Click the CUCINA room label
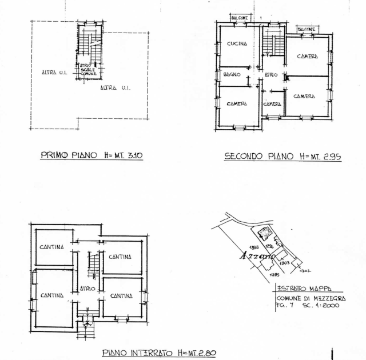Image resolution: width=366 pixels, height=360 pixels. [237, 44]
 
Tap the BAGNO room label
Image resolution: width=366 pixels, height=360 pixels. [232, 75]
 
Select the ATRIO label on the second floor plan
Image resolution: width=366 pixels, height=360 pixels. [271, 75]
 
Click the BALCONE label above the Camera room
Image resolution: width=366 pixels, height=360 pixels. [307, 29]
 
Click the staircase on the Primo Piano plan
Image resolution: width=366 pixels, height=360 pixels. [90, 44]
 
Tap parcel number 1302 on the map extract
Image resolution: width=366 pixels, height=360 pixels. [307, 270]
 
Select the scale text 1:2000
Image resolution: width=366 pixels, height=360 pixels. [328, 306]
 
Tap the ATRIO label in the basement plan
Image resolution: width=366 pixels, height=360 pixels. [87, 288]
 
